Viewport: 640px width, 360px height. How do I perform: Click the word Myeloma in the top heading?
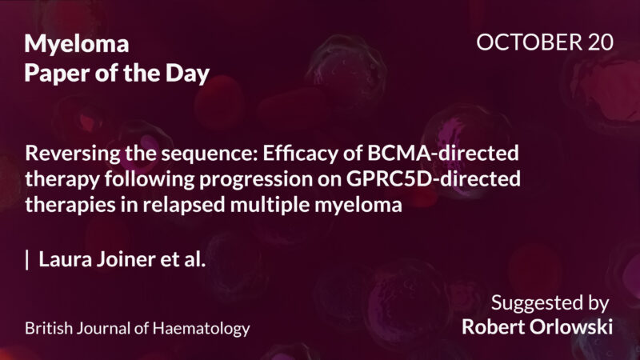pyautogui.click(x=77, y=44)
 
